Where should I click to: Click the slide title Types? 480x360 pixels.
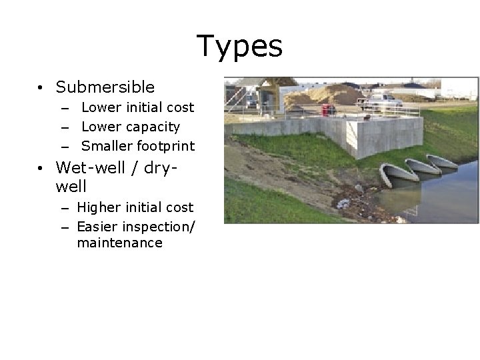240,47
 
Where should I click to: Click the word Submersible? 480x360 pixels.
105,87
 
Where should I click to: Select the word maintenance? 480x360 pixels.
119,243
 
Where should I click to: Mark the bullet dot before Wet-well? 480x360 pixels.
41,167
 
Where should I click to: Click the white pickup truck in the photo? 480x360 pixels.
381,102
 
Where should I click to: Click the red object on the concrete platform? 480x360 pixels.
326,109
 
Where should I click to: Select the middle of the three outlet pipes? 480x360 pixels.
419,167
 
